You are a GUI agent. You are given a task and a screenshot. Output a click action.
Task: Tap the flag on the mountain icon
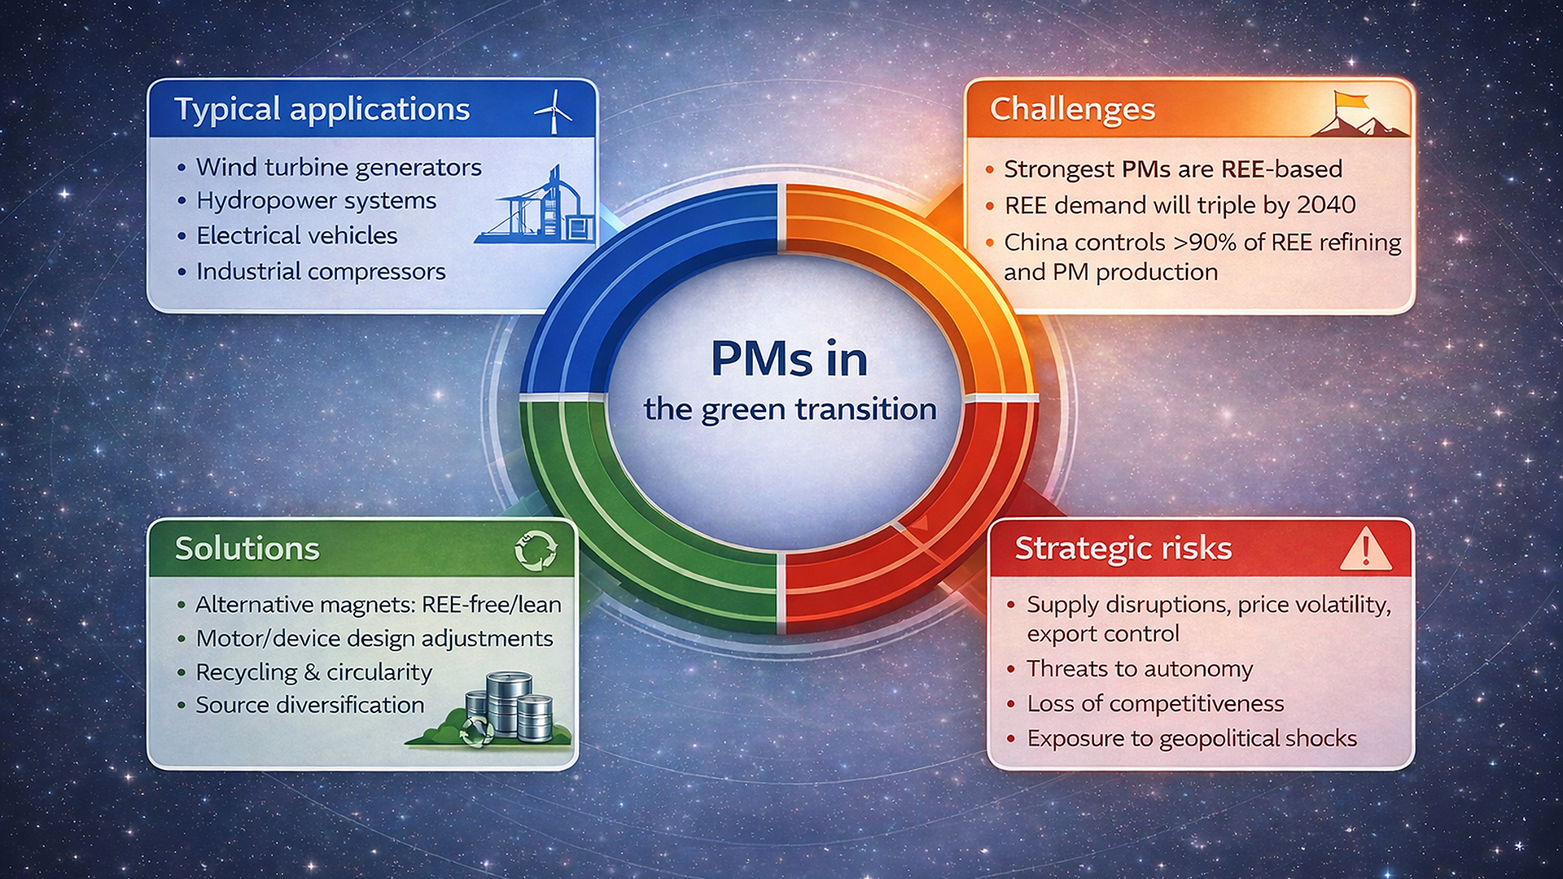(1350, 102)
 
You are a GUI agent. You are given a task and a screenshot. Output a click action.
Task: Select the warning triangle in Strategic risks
(1365, 548)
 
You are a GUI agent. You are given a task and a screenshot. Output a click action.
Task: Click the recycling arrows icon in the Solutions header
(536, 549)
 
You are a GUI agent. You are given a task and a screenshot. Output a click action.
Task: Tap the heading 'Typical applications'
(322, 110)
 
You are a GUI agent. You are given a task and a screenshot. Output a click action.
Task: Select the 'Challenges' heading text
(1072, 110)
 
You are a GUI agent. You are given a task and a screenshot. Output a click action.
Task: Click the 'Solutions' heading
(247, 549)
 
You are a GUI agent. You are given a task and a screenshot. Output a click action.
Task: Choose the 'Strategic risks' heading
(1123, 549)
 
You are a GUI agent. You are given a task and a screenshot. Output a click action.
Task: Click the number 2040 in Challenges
(1326, 204)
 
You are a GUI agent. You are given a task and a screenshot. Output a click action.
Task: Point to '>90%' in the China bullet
(1205, 242)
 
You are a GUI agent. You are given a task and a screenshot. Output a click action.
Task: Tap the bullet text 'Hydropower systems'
(317, 201)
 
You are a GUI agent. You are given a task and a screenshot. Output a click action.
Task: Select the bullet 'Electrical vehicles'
(297, 235)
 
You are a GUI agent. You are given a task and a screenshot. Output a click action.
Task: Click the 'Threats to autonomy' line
(1140, 669)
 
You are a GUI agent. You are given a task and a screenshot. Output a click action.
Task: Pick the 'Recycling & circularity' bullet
(314, 672)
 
